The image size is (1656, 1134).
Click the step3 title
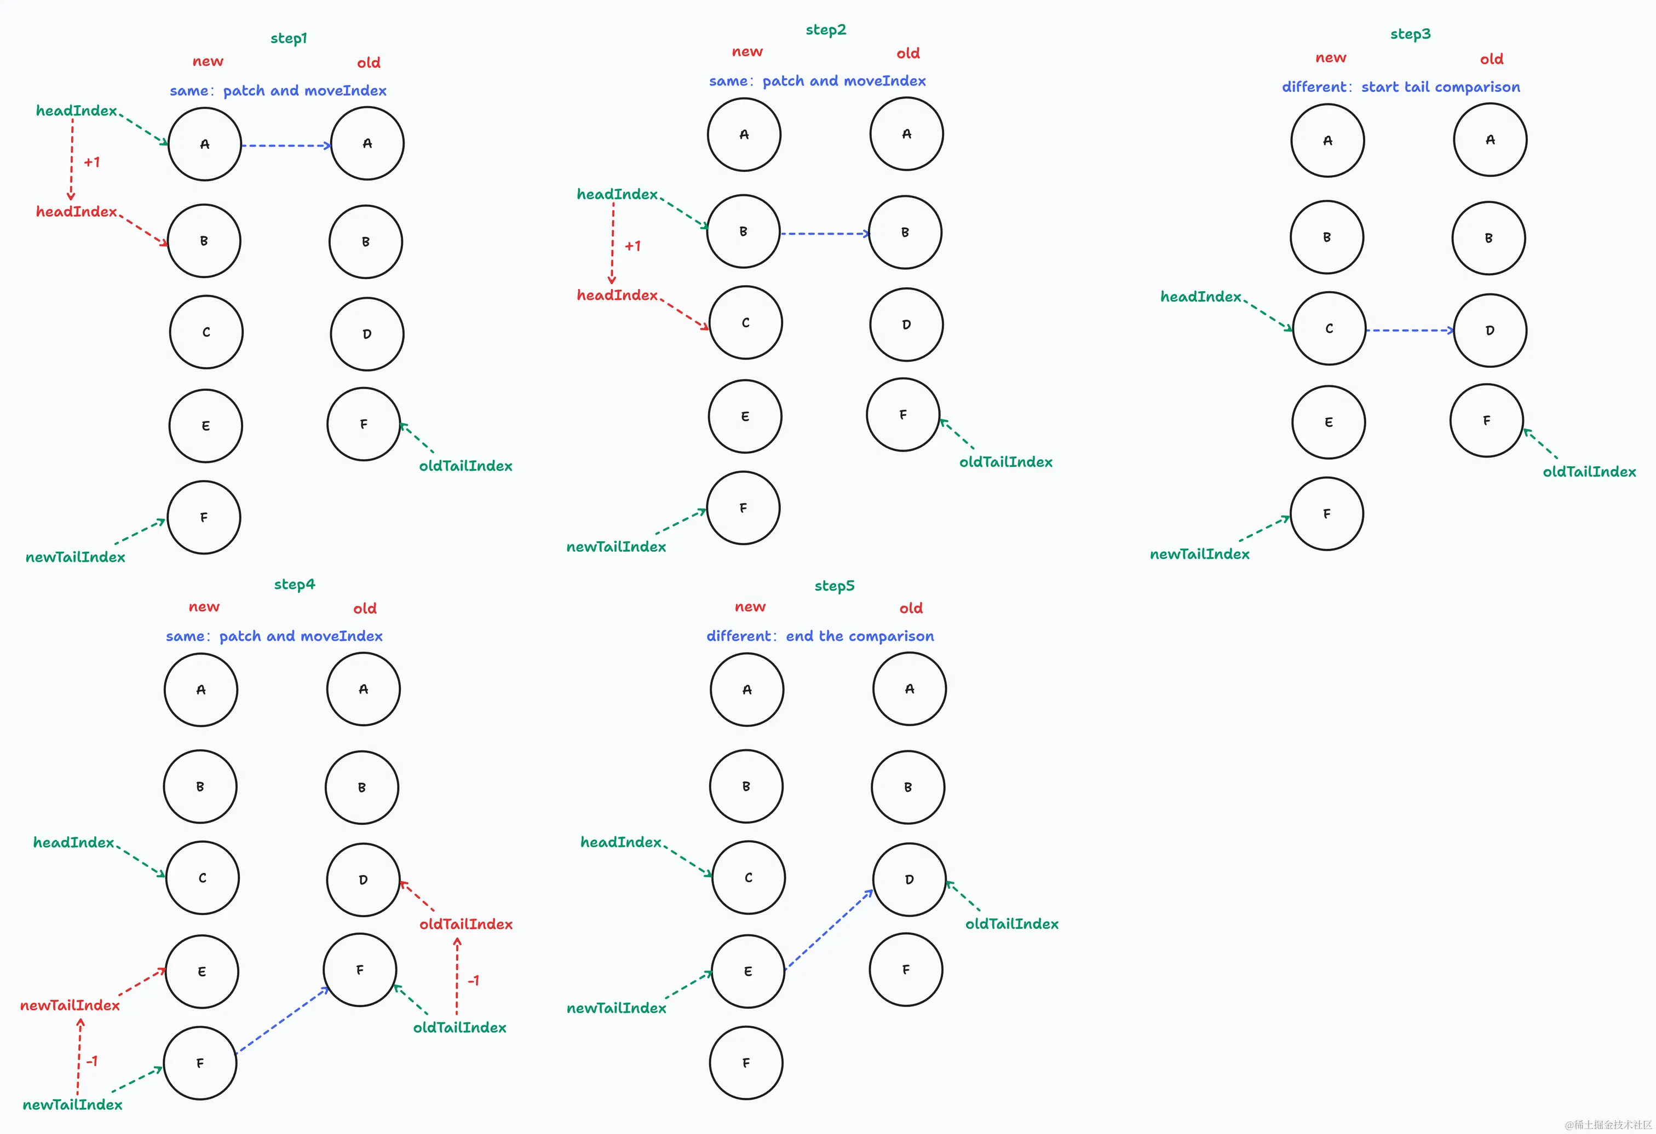click(x=1410, y=34)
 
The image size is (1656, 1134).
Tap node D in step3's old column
click(x=1490, y=331)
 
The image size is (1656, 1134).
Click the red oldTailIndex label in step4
click(x=465, y=924)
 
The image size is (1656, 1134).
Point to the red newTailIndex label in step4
click(x=70, y=1005)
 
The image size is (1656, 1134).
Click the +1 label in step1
click(x=92, y=163)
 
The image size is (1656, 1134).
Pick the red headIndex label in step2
click(x=617, y=295)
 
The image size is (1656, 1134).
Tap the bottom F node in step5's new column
click(x=745, y=1063)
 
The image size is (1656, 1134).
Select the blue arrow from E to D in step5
click(x=828, y=930)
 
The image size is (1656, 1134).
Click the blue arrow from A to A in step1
click(x=286, y=146)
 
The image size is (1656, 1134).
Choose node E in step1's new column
click(x=205, y=426)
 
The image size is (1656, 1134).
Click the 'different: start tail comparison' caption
click(x=1400, y=87)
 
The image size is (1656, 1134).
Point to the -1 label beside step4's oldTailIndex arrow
click(x=473, y=981)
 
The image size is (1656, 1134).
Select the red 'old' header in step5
click(x=910, y=608)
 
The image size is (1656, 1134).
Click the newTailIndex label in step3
click(x=1199, y=554)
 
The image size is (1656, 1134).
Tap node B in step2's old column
click(x=905, y=232)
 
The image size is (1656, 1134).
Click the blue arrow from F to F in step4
click(x=282, y=1020)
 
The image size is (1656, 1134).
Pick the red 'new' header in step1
click(x=208, y=61)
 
